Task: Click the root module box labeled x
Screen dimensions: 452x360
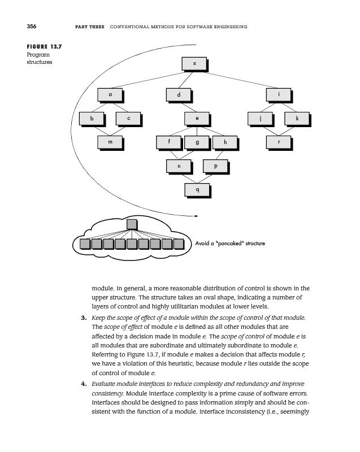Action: [x=194, y=63]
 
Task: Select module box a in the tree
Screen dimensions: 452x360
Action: [x=110, y=94]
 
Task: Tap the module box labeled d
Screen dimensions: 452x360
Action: [x=179, y=94]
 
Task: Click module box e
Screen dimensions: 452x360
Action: [x=197, y=119]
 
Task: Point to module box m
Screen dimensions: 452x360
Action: [x=110, y=142]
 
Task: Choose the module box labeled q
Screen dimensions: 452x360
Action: [x=197, y=190]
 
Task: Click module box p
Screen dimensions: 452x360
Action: [x=216, y=167]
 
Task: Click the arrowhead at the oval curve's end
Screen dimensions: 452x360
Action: [x=196, y=216]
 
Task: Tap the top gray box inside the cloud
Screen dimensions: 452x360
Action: [x=132, y=224]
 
